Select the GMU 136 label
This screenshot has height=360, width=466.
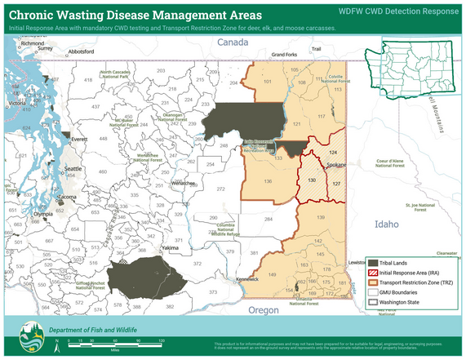pos(268,180)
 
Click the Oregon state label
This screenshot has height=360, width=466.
pos(264,310)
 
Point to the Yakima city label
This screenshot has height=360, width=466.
pos(170,247)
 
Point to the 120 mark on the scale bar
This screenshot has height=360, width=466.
pos(162,340)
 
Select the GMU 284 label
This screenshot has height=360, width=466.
pos(267,219)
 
